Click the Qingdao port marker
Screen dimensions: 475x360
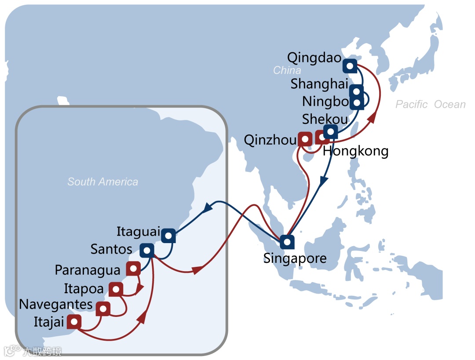[x=350, y=66]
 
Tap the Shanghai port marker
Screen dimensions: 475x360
[x=357, y=92]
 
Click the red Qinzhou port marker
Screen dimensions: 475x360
[x=305, y=139]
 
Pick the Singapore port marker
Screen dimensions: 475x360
[x=287, y=241]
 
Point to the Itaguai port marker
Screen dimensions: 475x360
[x=168, y=236]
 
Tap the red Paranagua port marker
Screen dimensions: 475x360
[x=133, y=268]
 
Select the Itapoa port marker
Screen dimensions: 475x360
[x=116, y=289]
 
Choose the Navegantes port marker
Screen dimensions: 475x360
[x=103, y=309]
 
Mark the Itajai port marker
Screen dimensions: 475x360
[x=74, y=322]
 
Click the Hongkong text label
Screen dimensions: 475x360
[x=355, y=152]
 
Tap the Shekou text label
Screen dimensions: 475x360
[x=325, y=119]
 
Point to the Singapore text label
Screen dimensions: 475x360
[x=295, y=258]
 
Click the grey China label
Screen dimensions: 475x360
[x=287, y=70]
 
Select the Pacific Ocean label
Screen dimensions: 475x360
[x=430, y=105]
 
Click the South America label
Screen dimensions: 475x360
[x=102, y=182]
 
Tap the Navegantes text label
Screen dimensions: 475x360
[x=56, y=304]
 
